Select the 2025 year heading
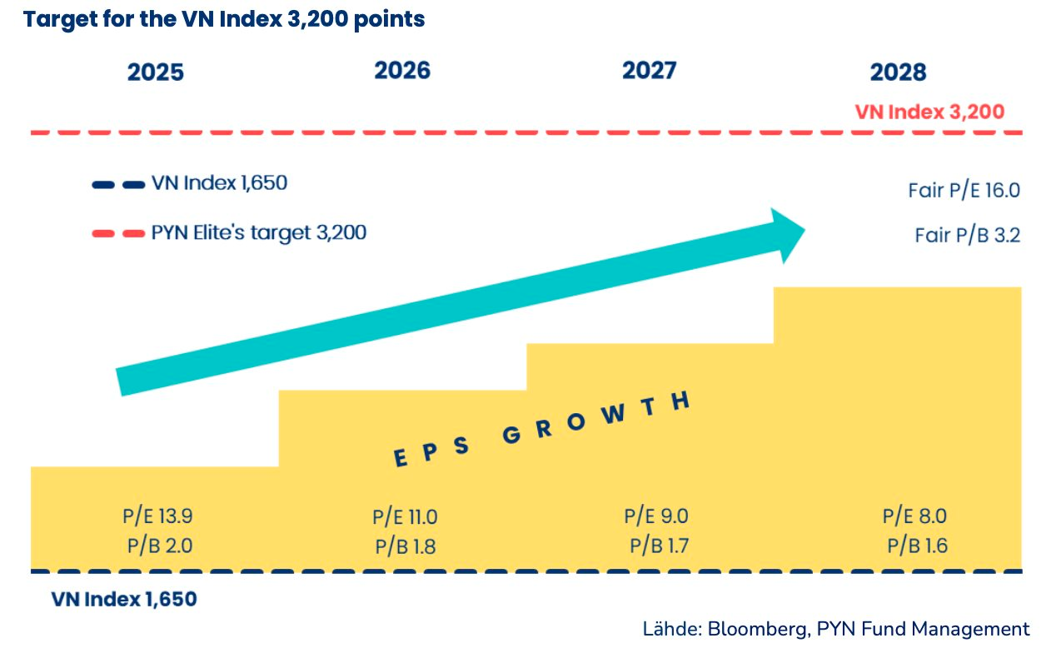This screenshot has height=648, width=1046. (x=156, y=72)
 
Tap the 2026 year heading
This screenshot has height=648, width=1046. (x=402, y=71)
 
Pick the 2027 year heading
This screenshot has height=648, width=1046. (x=650, y=71)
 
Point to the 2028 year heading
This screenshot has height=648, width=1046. (x=898, y=72)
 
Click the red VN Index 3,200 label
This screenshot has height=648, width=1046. (x=929, y=112)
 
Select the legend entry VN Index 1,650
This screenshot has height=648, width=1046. (x=218, y=184)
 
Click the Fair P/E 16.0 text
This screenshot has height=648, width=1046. (x=964, y=191)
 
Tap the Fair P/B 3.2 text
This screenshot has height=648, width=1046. (x=967, y=235)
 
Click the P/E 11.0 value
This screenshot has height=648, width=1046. (x=405, y=517)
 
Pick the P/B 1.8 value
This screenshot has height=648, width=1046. (x=406, y=547)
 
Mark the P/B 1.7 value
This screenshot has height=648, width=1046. (x=660, y=546)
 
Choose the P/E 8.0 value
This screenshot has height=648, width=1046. (x=914, y=516)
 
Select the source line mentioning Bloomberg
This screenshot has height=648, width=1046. (x=835, y=629)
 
